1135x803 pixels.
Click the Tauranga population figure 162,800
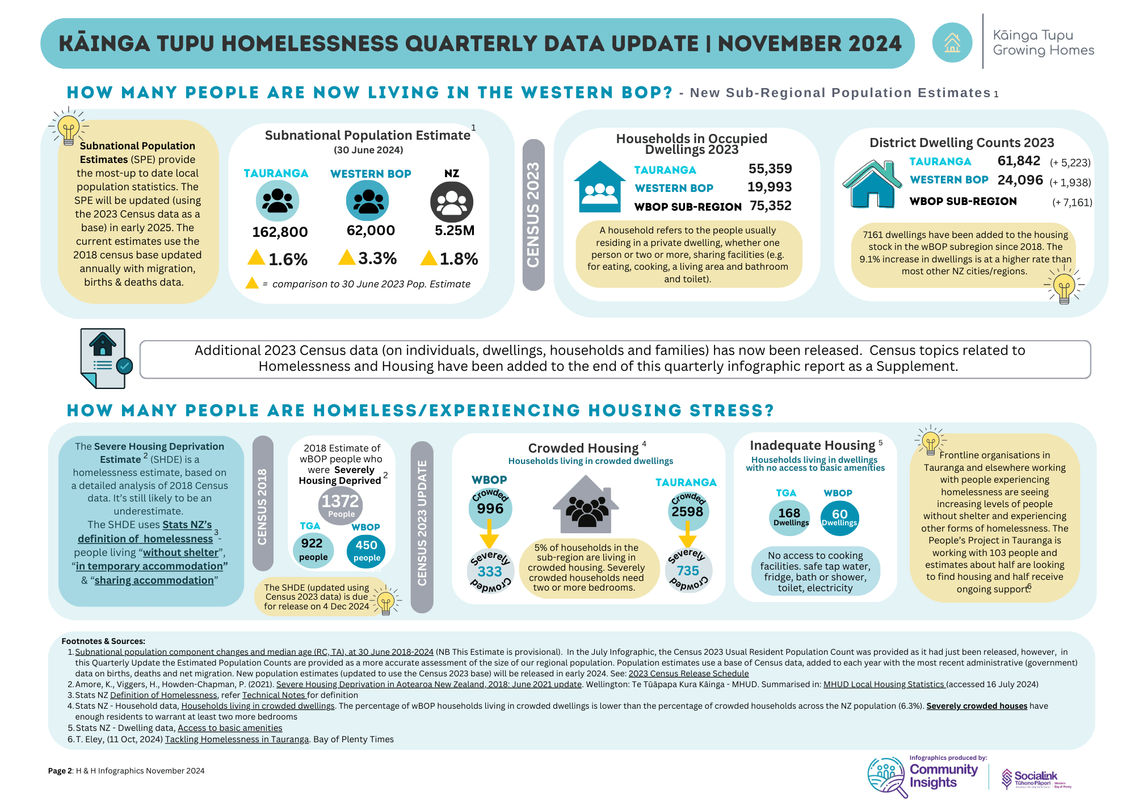[x=280, y=232]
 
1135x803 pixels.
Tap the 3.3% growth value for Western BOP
[x=377, y=258]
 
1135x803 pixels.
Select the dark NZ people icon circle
[x=452, y=202]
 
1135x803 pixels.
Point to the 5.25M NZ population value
[x=454, y=231]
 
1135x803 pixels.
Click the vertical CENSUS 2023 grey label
[x=533, y=215]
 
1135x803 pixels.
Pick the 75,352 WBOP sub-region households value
[x=770, y=206]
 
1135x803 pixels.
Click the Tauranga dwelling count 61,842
[x=1019, y=161]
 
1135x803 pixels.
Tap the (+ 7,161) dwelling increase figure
[x=1071, y=202]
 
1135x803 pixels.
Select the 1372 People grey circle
[x=340, y=505]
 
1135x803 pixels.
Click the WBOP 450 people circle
[x=366, y=550]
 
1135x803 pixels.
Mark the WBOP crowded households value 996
[x=490, y=508]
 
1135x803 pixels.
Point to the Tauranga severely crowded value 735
[x=688, y=570]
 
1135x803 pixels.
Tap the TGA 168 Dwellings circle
[x=790, y=517]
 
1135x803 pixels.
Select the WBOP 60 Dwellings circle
[x=839, y=517]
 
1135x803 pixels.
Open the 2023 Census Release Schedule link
[x=688, y=674]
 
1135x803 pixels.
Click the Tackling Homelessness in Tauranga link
[x=237, y=739]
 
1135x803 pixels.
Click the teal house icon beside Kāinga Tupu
[x=952, y=43]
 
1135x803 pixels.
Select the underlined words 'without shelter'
[x=180, y=553]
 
